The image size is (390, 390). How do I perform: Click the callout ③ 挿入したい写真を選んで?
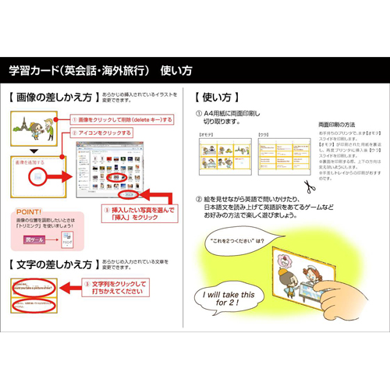click(140, 214)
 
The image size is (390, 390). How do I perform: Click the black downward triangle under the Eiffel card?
click(34, 150)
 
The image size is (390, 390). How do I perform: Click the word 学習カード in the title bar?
click(29, 69)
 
